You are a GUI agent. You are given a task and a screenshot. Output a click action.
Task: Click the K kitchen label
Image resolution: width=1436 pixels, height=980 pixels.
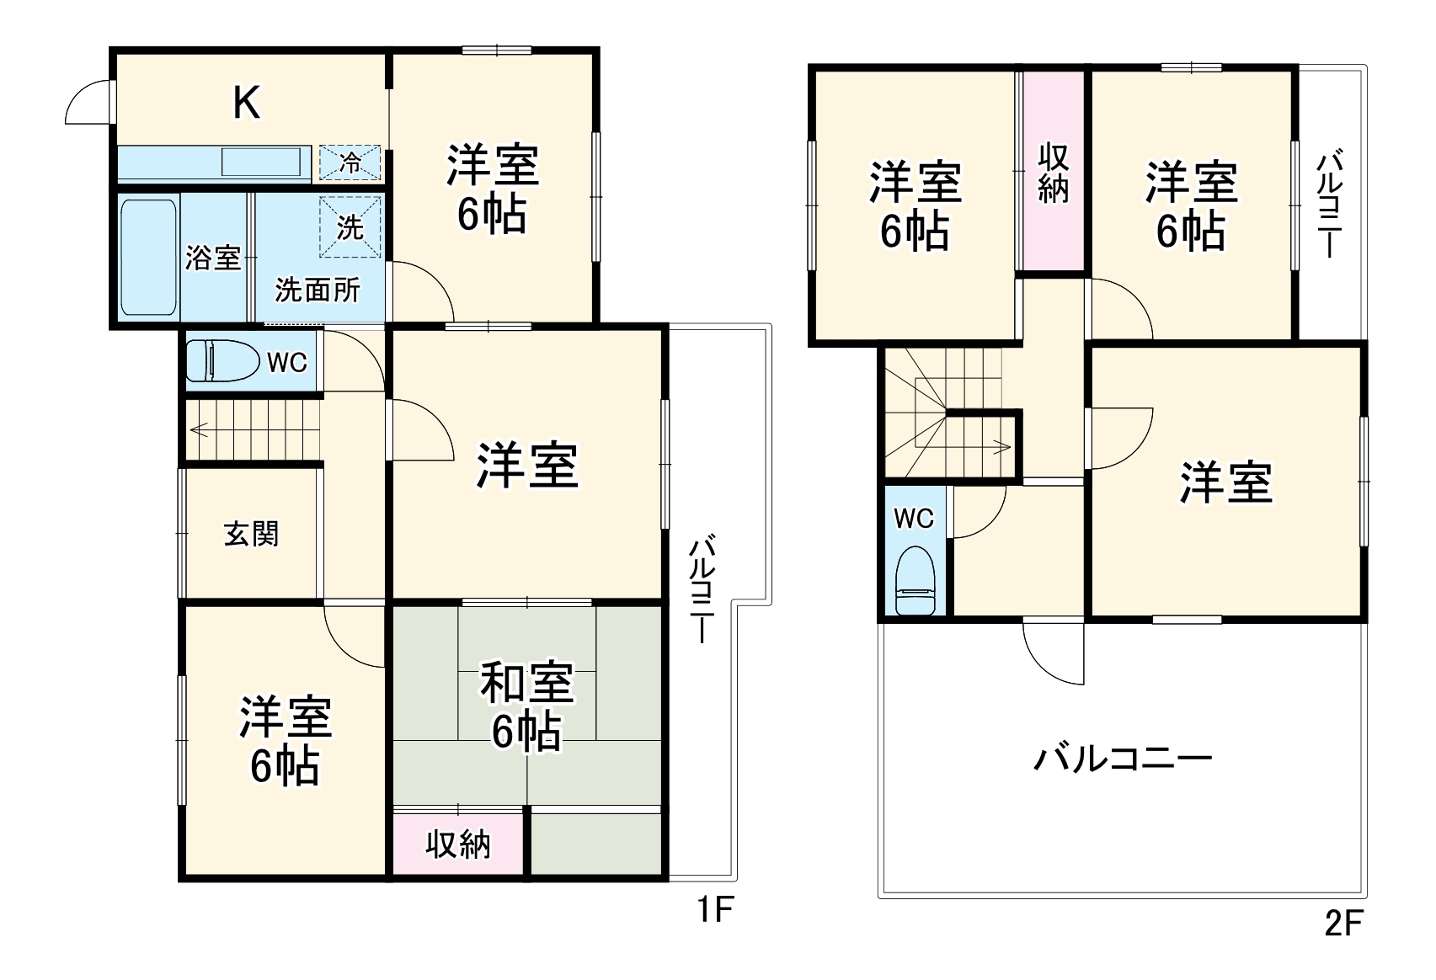coord(246,104)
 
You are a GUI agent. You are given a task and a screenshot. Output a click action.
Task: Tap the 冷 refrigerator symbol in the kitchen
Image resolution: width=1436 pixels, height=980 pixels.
coord(350,162)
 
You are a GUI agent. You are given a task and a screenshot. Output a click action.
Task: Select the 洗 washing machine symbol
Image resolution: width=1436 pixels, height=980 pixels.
coord(350,226)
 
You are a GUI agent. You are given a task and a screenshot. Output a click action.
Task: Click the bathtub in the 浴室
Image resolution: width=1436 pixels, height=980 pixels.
coord(148,256)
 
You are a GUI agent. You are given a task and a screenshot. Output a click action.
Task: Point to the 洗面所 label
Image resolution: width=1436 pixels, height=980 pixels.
coord(317,290)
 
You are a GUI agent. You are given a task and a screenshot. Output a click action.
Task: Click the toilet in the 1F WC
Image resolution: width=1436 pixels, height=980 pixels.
coord(221,361)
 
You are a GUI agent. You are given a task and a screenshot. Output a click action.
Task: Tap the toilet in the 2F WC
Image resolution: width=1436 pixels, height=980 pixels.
coord(915,580)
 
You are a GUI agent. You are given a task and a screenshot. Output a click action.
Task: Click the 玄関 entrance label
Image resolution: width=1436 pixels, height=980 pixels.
coord(251,534)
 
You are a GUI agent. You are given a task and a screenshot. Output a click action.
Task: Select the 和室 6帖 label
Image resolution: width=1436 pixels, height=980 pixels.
coord(526,706)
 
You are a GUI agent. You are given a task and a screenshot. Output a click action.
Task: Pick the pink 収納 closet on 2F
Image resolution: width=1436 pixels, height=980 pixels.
coord(1053,173)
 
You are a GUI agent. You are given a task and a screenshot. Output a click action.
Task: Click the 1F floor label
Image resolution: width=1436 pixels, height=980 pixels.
coord(715,910)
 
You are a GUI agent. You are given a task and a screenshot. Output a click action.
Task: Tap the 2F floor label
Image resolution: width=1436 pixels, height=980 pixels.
coord(1343,924)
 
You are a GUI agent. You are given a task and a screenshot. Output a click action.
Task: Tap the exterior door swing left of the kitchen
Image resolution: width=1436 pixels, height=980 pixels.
coord(88,104)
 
